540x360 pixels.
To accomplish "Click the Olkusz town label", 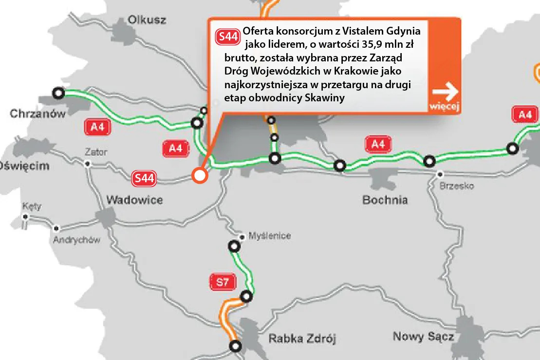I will [147, 20].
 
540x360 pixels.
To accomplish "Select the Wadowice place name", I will [134, 200].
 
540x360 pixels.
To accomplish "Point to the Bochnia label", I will [385, 200].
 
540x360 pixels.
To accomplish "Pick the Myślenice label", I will [269, 236].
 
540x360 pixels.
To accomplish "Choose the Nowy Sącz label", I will [423, 336].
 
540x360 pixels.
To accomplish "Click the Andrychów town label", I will [76, 240].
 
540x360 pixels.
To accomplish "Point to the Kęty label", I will [32, 206].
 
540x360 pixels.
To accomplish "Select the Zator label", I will [95, 152].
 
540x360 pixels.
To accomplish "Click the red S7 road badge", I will [223, 281].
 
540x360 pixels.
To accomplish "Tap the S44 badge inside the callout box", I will [228, 36].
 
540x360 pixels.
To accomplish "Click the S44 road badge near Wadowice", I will [144, 179].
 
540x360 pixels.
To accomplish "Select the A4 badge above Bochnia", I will [378, 144].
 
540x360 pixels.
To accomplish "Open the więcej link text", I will [444, 107].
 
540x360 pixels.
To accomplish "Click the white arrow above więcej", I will [445, 90].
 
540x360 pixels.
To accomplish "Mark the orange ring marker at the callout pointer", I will [200, 175].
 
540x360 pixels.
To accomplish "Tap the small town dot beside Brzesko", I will [440, 174].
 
